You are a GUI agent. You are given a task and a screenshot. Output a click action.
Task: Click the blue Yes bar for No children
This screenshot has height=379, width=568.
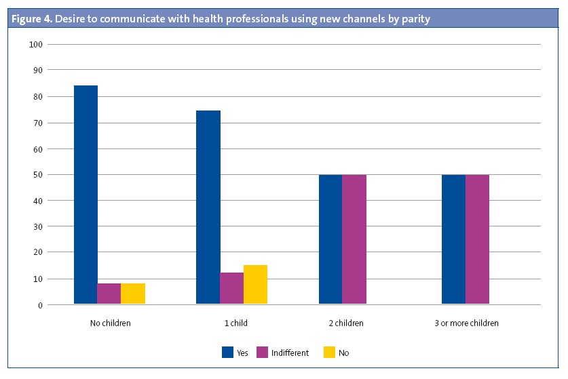pyautogui.click(x=86, y=195)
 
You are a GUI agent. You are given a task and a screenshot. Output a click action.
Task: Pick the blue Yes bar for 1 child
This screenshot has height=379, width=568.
pyautogui.click(x=208, y=207)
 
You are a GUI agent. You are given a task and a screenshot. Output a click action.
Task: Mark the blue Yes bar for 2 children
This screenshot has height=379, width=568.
pyautogui.click(x=330, y=239)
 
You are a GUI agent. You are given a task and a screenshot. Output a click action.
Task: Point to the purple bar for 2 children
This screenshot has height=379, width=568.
pyautogui.click(x=354, y=239)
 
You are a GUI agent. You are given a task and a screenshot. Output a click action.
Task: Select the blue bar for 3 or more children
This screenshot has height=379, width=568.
pyautogui.click(x=453, y=239)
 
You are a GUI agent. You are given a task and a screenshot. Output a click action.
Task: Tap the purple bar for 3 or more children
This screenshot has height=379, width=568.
pyautogui.click(x=477, y=239)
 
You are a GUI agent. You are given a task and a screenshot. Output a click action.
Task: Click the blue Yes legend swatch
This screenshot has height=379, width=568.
pyautogui.click(x=227, y=353)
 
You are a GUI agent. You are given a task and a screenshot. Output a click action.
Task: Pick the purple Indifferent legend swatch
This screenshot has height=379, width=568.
pyautogui.click(x=262, y=353)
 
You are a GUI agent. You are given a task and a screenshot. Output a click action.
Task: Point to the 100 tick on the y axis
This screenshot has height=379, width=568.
pyautogui.click(x=36, y=45)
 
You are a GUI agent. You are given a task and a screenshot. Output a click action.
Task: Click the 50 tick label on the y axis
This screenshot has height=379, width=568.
pyautogui.click(x=38, y=175)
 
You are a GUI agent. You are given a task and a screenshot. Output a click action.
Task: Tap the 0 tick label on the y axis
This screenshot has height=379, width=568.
pyautogui.click(x=40, y=305)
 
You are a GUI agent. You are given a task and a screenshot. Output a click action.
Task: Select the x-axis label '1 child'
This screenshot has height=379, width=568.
pyautogui.click(x=235, y=323)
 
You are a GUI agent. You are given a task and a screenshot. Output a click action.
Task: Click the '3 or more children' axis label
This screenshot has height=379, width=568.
pyautogui.click(x=466, y=323)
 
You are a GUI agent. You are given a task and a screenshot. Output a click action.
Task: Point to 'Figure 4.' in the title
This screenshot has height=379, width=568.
pyautogui.click(x=31, y=19)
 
